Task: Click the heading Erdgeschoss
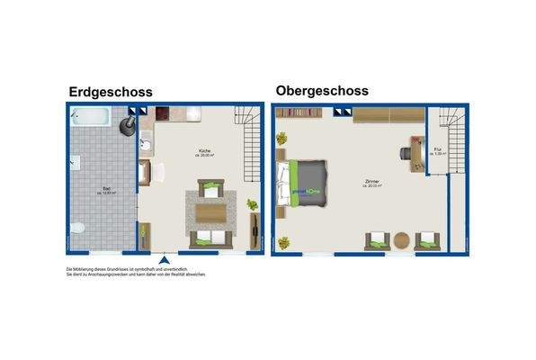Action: pyautogui.click(x=110, y=92)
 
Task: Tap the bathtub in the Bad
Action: pyautogui.click(x=91, y=117)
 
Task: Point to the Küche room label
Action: pyautogui.click(x=207, y=154)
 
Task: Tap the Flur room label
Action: pyautogui.click(x=437, y=152)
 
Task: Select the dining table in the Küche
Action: pyautogui.click(x=212, y=211)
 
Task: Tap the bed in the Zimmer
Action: pyautogui.click(x=304, y=183)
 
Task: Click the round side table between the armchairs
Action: pyautogui.click(x=401, y=240)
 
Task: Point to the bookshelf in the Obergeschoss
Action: pyautogui.click(x=298, y=113)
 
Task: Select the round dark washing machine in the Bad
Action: pyautogui.click(x=131, y=120)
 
